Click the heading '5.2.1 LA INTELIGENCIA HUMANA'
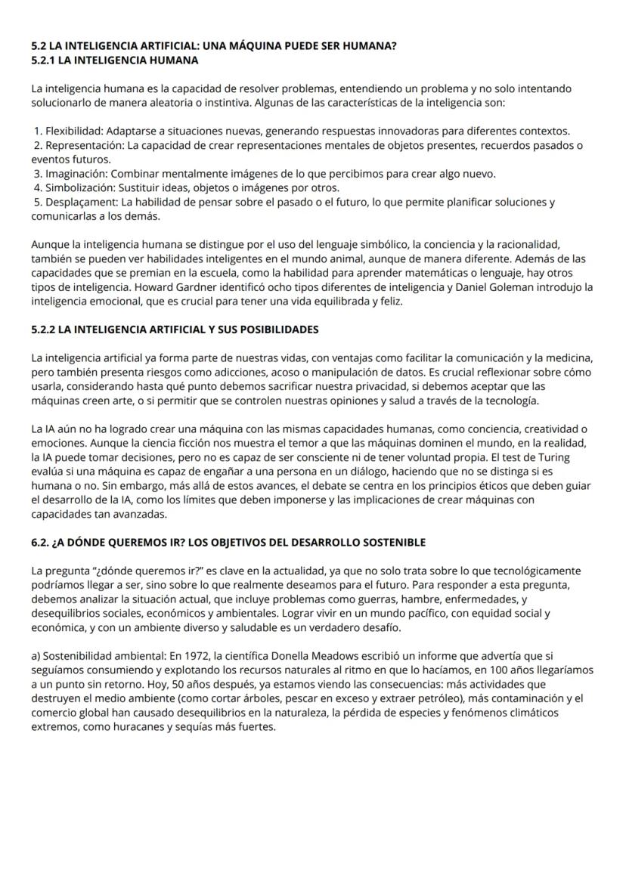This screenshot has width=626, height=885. (x=115, y=60)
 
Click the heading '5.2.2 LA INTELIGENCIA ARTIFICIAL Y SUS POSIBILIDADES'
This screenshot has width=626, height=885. (x=175, y=330)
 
